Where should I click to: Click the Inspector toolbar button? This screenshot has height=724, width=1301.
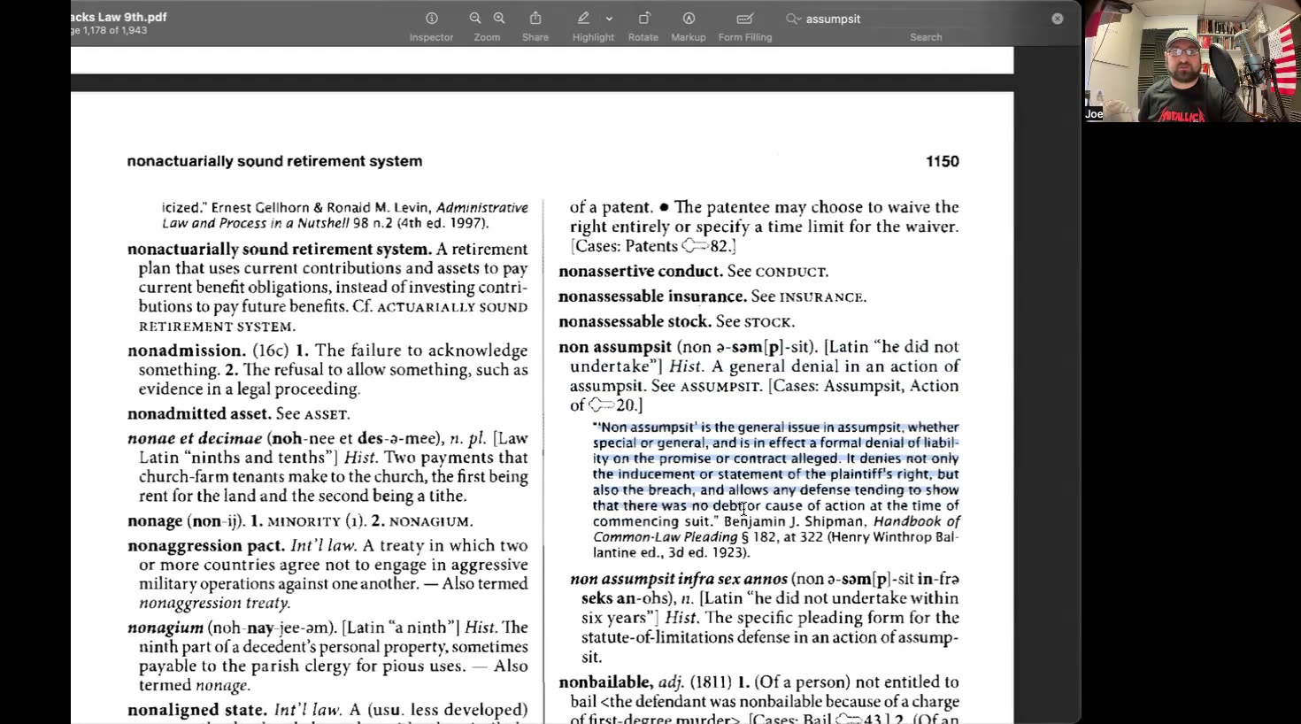[x=431, y=19]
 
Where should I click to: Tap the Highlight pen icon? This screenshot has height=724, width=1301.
[x=583, y=19]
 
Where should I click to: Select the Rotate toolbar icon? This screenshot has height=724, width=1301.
[x=643, y=19]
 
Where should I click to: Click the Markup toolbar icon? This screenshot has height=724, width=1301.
[x=689, y=19]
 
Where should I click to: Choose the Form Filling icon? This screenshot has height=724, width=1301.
[x=744, y=19]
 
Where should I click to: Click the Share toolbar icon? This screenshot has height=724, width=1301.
[x=535, y=19]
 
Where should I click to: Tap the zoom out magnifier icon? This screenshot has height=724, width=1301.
[x=475, y=19]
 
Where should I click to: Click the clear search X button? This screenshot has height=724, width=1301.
[x=1058, y=19]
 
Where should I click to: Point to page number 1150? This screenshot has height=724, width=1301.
[x=942, y=161]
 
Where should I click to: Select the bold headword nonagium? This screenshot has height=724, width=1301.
[x=166, y=628]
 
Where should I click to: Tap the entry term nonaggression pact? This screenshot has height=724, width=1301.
[x=205, y=546]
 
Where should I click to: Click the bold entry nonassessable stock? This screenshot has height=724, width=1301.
[x=635, y=321]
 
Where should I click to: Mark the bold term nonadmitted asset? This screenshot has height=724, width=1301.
[x=199, y=414]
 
